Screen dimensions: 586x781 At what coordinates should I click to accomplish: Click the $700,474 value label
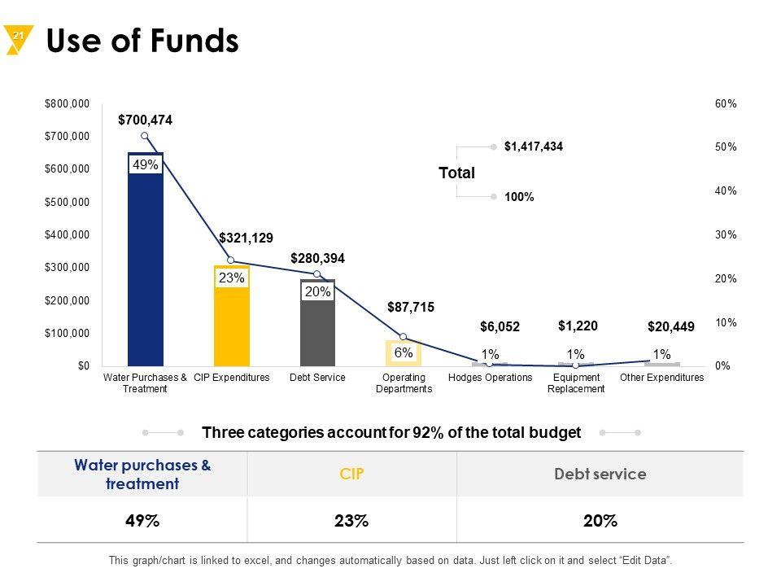coord(145,120)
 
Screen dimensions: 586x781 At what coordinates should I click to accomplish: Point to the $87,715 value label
coord(411,308)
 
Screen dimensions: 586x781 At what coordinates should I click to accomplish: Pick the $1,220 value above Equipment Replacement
coord(578,326)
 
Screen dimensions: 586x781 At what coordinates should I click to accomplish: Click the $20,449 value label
coord(671,327)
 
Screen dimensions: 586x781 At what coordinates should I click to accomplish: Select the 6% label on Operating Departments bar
coord(404,353)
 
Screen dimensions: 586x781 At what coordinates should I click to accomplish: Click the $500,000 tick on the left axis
coord(68,202)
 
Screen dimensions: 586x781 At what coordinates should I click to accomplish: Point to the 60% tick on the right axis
coord(726,104)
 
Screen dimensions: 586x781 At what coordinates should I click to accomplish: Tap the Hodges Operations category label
coord(491,378)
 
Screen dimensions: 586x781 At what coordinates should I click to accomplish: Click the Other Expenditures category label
coord(661,378)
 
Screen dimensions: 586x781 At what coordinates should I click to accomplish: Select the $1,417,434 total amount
coord(534,146)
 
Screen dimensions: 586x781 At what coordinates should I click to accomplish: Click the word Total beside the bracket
coord(456,173)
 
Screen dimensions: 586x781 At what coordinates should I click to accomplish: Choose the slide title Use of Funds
coord(143,42)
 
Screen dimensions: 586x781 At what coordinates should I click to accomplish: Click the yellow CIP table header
coord(351,474)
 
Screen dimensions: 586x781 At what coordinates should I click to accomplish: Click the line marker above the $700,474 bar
coord(145,136)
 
